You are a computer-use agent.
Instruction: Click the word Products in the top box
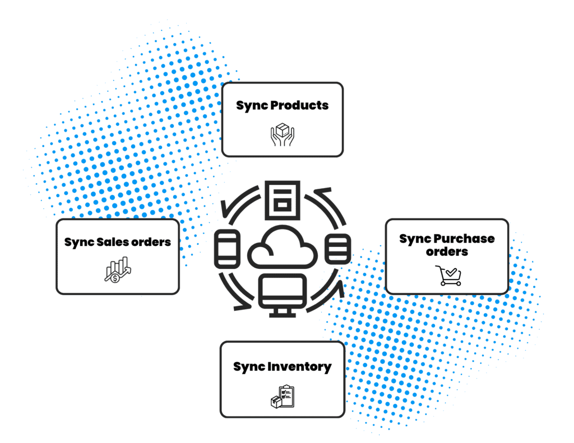click(301, 105)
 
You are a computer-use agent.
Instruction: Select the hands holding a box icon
click(283, 136)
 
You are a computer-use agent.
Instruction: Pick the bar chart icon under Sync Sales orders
click(117, 269)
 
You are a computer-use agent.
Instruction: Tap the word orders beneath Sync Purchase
click(447, 251)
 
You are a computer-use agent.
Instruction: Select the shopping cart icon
click(448, 276)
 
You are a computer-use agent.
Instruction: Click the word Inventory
click(299, 367)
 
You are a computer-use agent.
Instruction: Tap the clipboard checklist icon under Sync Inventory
click(283, 397)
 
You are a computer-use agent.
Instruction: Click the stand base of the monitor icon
click(282, 315)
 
